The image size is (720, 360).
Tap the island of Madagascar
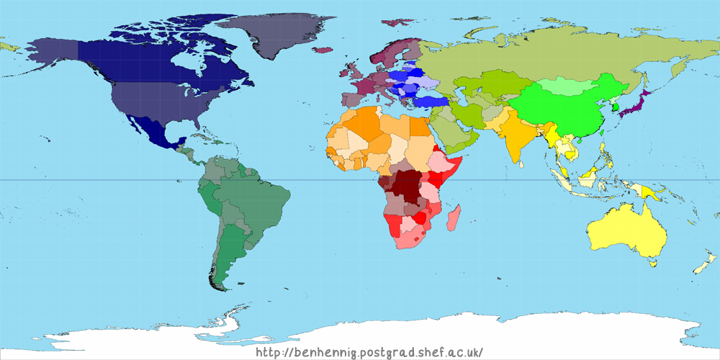pos(454,217)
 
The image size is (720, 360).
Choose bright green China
pos(569,112)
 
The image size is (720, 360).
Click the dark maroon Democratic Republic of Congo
pos(408,187)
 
